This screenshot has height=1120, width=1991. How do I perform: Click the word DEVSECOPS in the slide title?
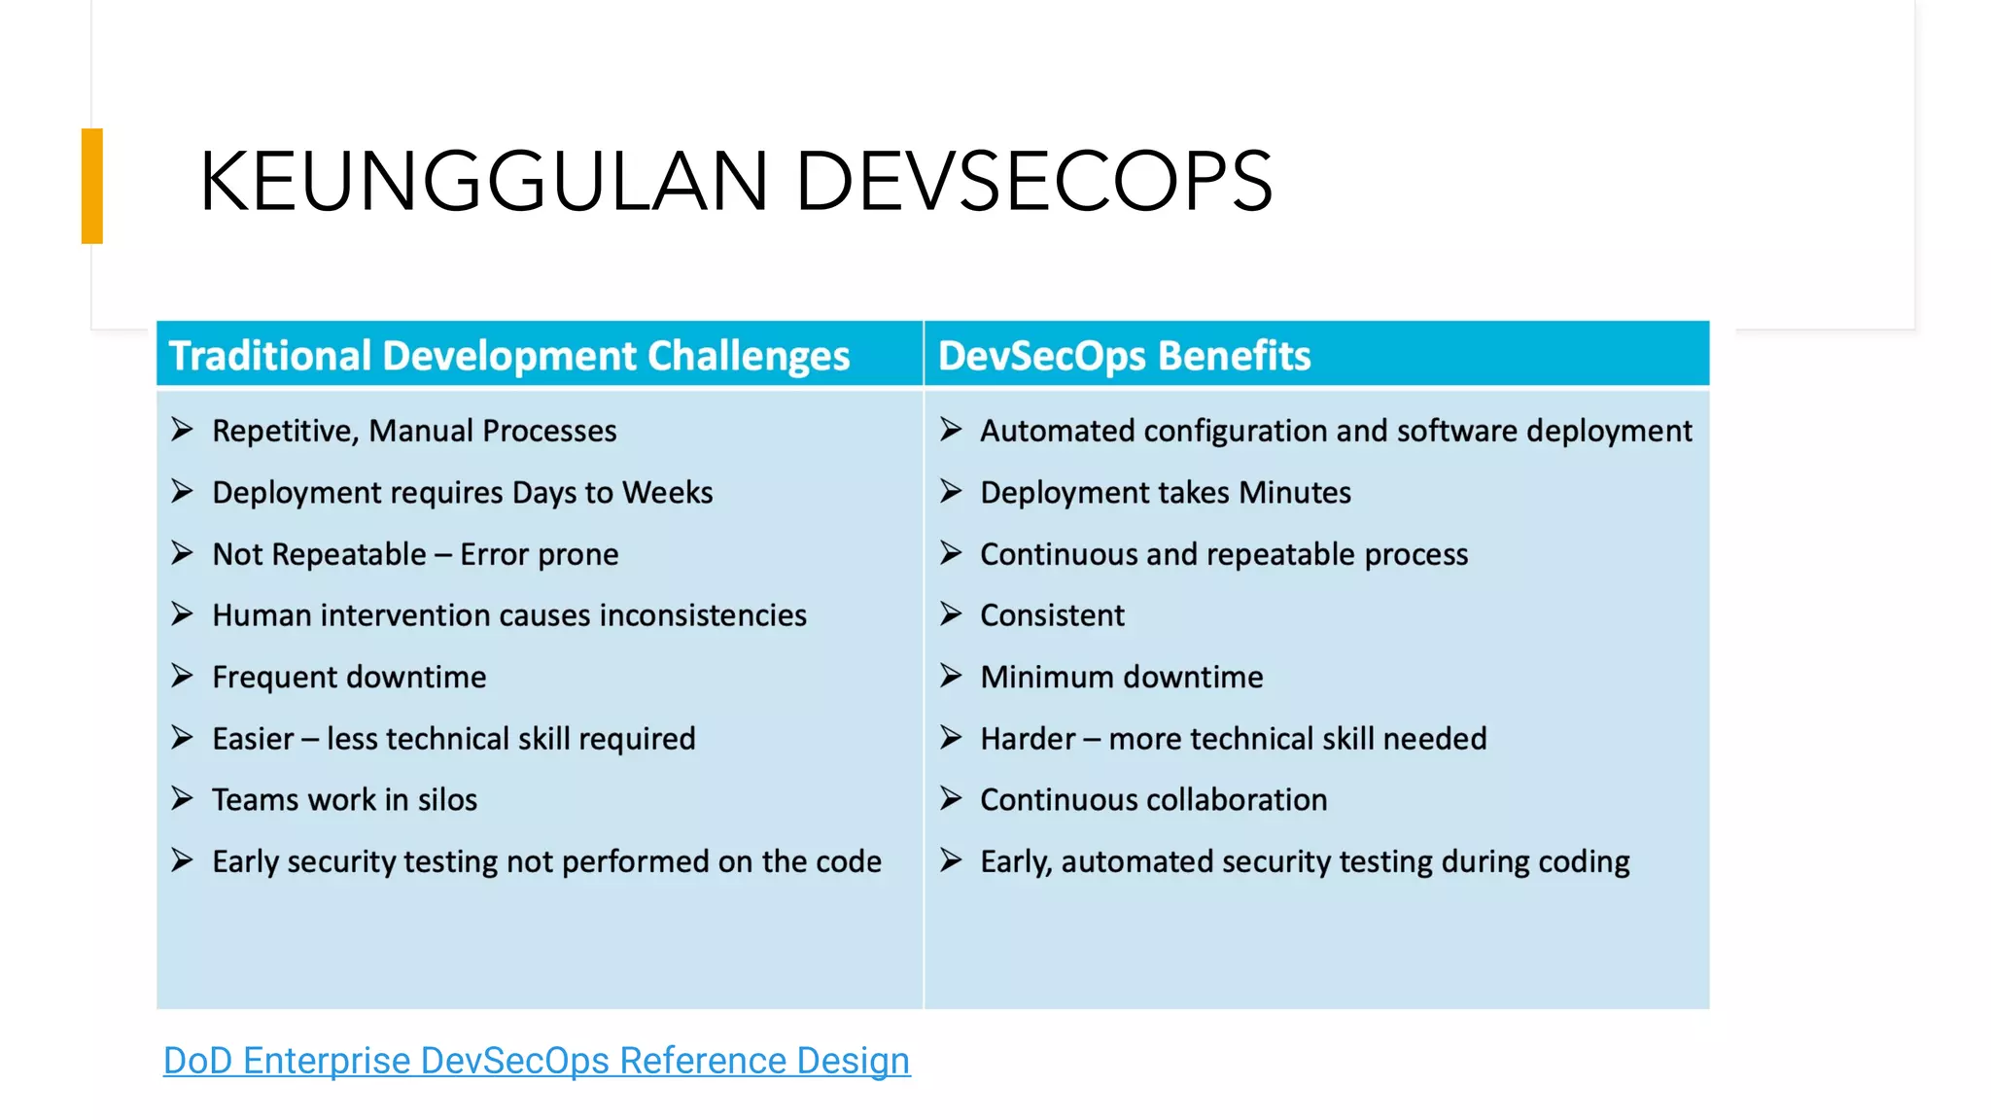coord(1033,182)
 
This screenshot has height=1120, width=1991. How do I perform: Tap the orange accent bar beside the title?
coord(92,186)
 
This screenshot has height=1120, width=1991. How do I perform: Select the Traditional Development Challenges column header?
coord(509,356)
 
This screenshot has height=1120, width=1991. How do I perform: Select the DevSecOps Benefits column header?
coord(1124,356)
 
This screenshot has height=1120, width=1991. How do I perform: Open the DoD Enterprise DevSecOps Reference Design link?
coord(537,1061)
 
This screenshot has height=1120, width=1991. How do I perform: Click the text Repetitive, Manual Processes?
coord(414,431)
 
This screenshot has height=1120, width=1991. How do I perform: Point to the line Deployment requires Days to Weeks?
coord(462,493)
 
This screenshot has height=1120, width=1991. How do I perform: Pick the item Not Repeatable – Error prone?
coord(415,554)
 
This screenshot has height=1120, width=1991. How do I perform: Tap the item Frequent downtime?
coord(349,677)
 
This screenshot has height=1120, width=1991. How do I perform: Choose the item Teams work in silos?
coord(344,800)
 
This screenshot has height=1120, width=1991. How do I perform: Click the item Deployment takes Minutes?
coord(1165,493)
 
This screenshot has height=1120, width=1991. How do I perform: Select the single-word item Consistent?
coord(1052,615)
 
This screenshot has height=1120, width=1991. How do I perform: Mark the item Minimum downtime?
coord(1121,677)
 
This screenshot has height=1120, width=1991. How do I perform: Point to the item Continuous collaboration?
coord(1153,800)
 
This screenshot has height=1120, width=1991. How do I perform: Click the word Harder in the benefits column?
coord(1028,739)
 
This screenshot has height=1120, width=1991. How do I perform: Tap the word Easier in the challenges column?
coord(253,739)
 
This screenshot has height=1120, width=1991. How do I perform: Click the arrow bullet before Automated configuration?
coord(951,430)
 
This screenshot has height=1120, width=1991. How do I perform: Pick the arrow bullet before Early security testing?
coord(182,860)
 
